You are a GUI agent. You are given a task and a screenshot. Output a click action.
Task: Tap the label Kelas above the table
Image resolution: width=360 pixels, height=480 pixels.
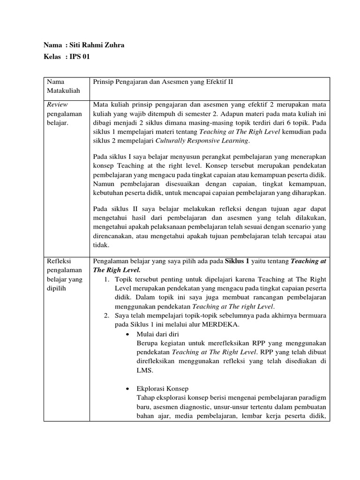pyautogui.click(x=52, y=57)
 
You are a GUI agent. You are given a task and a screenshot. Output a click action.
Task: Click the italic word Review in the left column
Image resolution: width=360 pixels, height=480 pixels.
pyautogui.click(x=56, y=105)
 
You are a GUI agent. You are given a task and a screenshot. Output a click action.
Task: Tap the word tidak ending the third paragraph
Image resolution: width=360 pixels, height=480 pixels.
pyautogui.click(x=101, y=244)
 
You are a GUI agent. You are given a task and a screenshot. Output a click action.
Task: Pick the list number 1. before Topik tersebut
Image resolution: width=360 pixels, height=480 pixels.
pyautogui.click(x=107, y=279)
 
